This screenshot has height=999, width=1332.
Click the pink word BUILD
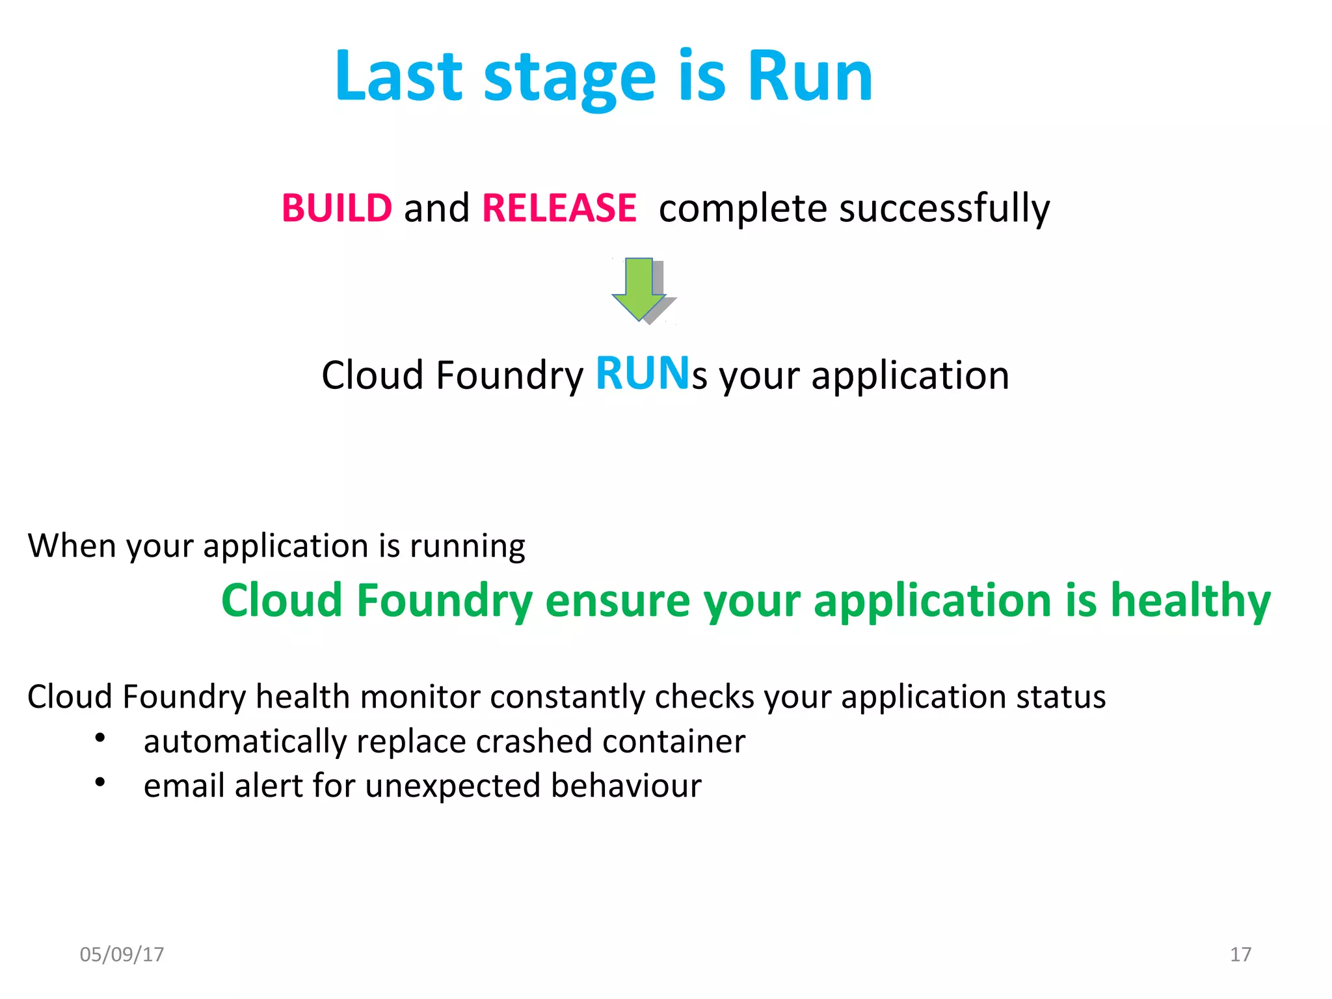pyautogui.click(x=337, y=208)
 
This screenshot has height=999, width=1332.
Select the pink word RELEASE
pyautogui.click(x=559, y=208)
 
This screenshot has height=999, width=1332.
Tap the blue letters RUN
pyautogui.click(x=642, y=374)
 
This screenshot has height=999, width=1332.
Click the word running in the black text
pyautogui.click(x=467, y=546)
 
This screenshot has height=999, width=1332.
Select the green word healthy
pyautogui.click(x=1190, y=600)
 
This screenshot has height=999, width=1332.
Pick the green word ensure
pyautogui.click(x=617, y=600)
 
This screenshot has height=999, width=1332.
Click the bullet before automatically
pyautogui.click(x=100, y=738)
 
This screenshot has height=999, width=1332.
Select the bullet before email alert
pyautogui.click(x=100, y=782)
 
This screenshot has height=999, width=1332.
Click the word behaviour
pyautogui.click(x=626, y=786)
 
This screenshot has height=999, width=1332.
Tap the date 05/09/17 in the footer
pyautogui.click(x=122, y=954)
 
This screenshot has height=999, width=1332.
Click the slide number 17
pyautogui.click(x=1240, y=954)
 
